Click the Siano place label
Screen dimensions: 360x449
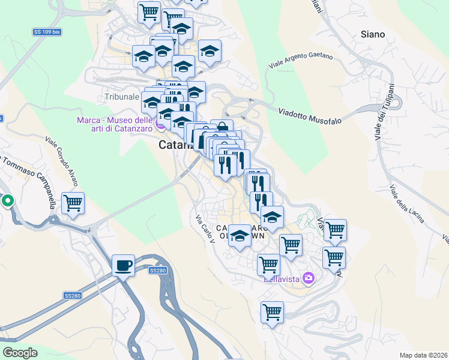pyautogui.click(x=373, y=34)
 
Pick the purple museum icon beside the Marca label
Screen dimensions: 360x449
pyautogui.click(x=160, y=125)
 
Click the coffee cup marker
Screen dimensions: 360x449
pyautogui.click(x=124, y=265)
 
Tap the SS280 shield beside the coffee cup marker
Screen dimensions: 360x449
pyautogui.click(x=157, y=271)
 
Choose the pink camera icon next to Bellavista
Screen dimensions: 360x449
pyautogui.click(x=309, y=278)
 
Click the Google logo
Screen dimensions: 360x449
pyautogui.click(x=20, y=353)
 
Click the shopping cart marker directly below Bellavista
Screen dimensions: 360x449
pyautogui.click(x=272, y=312)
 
